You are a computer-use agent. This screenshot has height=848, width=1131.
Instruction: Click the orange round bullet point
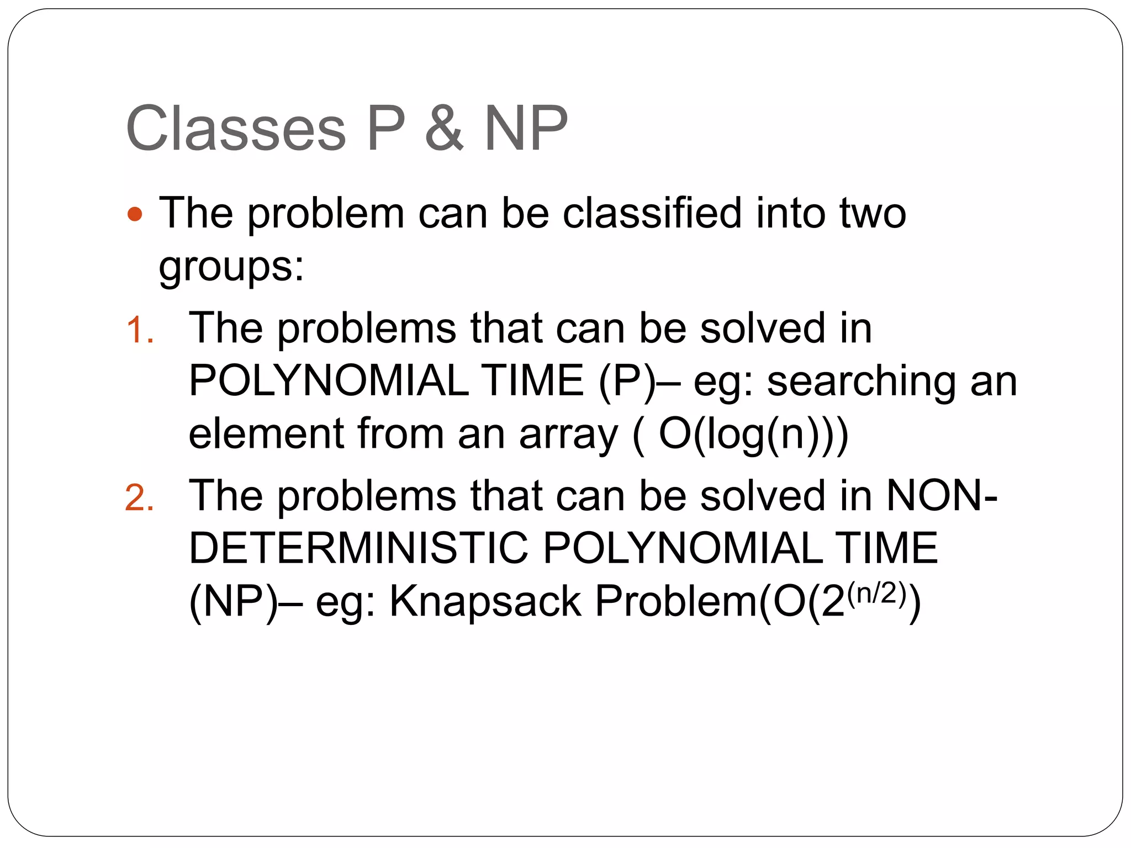135,214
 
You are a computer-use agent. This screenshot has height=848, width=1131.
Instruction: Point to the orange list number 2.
139,498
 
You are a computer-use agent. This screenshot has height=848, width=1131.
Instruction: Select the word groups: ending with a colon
231,268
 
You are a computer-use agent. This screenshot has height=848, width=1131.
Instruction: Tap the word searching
861,383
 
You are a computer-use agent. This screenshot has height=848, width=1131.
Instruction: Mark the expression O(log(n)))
753,435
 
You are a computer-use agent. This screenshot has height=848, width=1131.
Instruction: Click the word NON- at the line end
942,495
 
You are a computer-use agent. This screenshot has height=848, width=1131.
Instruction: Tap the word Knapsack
485,601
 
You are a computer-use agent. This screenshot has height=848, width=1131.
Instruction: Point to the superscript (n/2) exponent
876,593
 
